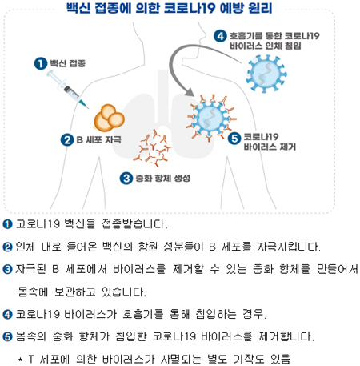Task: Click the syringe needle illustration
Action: [x=67, y=90]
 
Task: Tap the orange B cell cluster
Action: [x=110, y=118]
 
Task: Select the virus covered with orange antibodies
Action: [x=211, y=118]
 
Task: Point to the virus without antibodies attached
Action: [x=266, y=74]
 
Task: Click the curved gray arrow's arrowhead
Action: [x=190, y=92]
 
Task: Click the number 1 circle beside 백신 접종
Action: [x=41, y=64]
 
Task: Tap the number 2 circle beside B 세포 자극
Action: [x=67, y=140]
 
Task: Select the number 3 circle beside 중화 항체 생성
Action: [x=126, y=178]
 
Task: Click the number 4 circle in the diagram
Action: [x=220, y=36]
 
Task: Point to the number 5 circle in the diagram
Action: [x=234, y=139]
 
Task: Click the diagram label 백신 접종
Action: [x=68, y=63]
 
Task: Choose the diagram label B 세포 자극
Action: [x=98, y=139]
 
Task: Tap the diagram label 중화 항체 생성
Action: [x=163, y=178]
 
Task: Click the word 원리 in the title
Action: [x=260, y=8]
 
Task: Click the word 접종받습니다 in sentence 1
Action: [x=134, y=223]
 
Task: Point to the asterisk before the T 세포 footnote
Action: [x=20, y=359]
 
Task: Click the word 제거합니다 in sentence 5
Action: [x=286, y=336]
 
